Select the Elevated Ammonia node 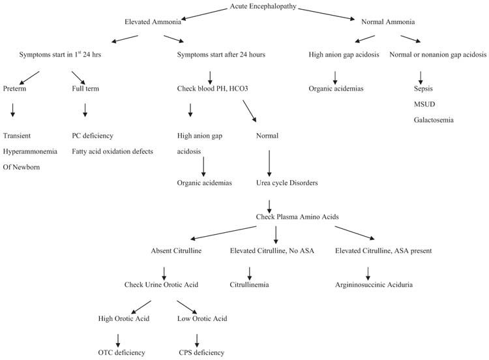click(151, 22)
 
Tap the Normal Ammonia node click(387, 22)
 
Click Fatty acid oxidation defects click(112, 151)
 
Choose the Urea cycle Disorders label click(287, 183)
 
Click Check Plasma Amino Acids click(295, 216)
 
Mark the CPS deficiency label click(201, 353)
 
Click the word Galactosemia click(434, 119)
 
